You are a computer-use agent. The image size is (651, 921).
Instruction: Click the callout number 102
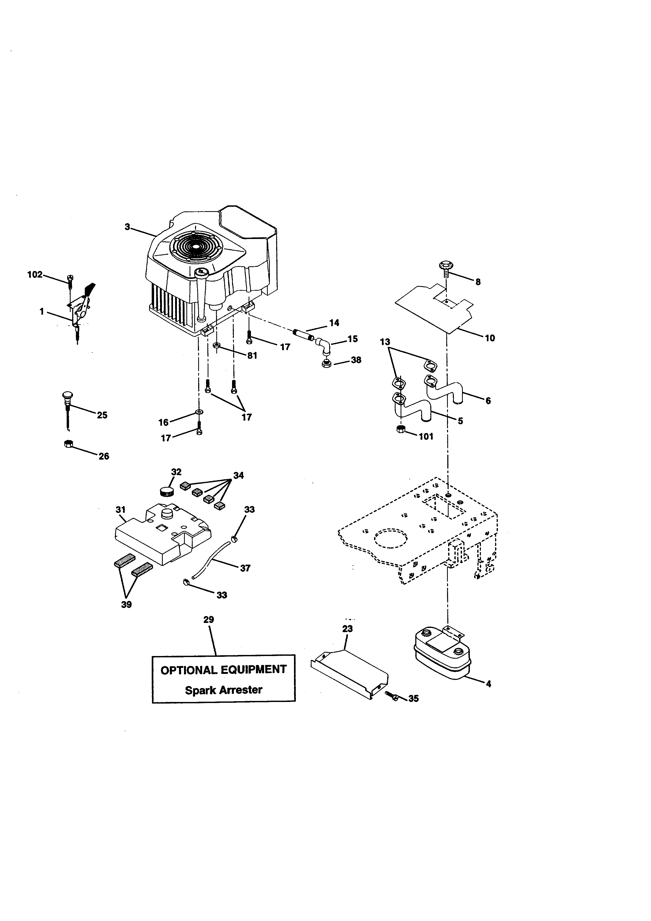(x=34, y=275)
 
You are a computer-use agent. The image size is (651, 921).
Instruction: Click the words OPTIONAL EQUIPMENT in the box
(x=223, y=669)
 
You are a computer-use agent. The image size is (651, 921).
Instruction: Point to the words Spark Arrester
(x=223, y=690)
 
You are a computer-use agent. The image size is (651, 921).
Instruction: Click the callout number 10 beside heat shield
(x=490, y=338)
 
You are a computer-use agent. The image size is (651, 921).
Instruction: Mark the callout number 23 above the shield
(x=347, y=628)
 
